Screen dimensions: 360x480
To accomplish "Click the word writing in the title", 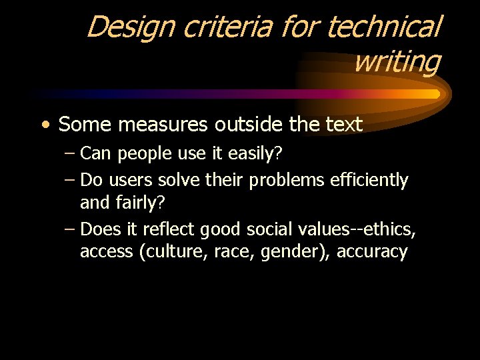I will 397,62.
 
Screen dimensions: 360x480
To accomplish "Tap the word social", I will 269,230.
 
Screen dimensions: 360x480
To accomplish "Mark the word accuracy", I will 372,252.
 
